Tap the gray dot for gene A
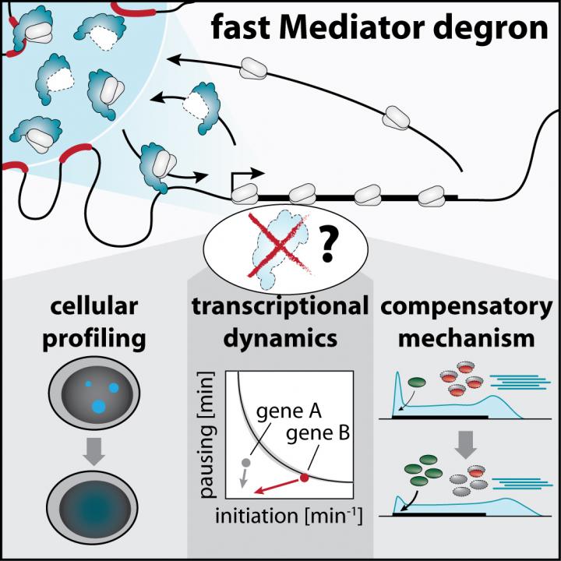click(x=246, y=463)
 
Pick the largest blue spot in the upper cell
click(x=99, y=406)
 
